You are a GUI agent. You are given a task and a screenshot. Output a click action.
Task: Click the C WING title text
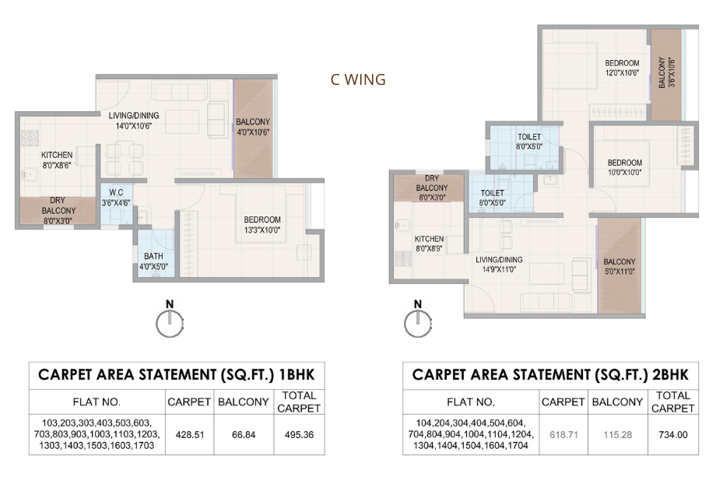tap(358, 79)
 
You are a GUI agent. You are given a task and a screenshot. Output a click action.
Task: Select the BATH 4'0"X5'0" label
tap(153, 260)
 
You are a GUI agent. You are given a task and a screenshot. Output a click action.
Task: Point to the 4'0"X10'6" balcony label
tap(252, 127)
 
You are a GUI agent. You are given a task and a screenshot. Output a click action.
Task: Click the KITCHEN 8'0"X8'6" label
tap(57, 160)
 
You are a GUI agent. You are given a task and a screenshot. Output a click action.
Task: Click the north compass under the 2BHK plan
tap(419, 321)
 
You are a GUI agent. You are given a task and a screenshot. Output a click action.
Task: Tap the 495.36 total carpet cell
tap(299, 434)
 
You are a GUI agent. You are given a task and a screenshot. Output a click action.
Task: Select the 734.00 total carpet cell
tap(672, 434)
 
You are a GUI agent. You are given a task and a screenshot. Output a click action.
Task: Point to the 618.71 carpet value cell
tap(563, 434)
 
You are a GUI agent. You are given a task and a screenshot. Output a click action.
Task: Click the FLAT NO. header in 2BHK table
tap(471, 402)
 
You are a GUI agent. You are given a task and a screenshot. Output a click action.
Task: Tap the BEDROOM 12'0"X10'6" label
tap(622, 68)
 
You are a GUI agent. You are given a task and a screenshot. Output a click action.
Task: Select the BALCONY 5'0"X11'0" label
tap(619, 266)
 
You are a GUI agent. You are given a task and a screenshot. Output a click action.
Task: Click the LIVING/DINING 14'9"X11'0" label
tap(500, 265)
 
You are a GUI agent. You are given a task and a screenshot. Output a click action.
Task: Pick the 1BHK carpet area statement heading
tap(176, 374)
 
